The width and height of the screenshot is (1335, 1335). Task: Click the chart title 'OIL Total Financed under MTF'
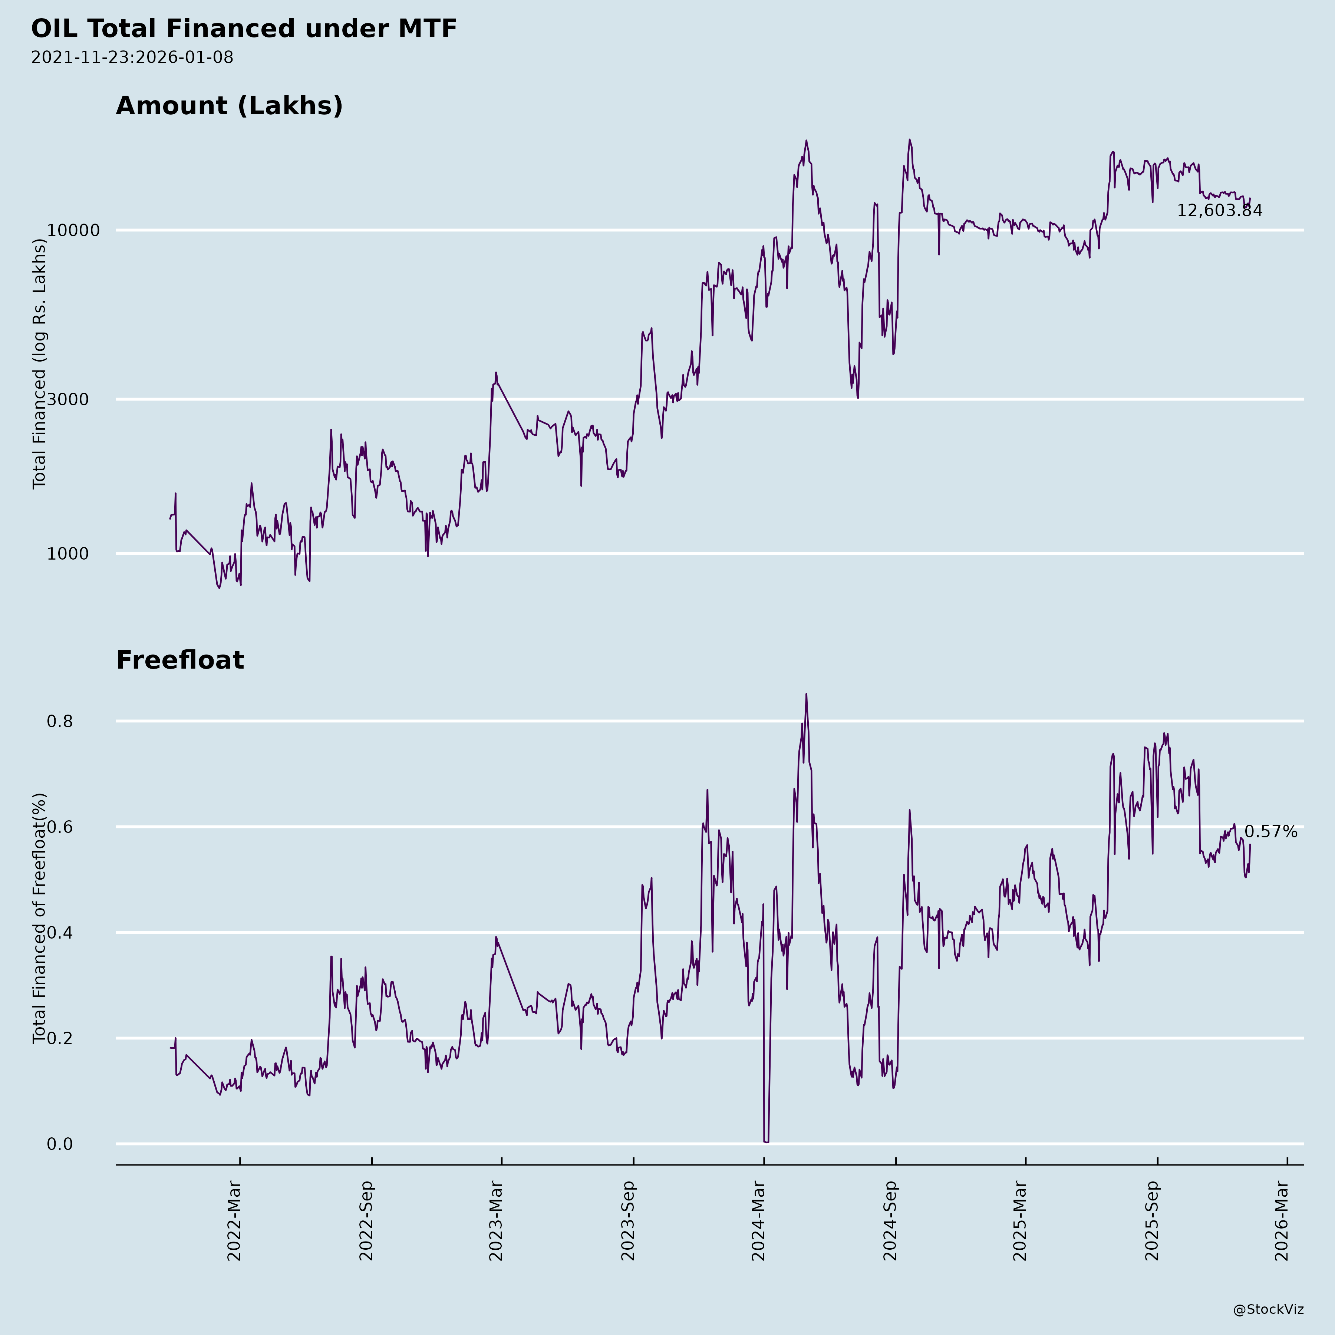pos(244,29)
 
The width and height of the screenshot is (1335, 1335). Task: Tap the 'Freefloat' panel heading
pos(179,660)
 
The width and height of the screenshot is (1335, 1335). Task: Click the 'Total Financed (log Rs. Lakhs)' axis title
pos(39,364)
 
